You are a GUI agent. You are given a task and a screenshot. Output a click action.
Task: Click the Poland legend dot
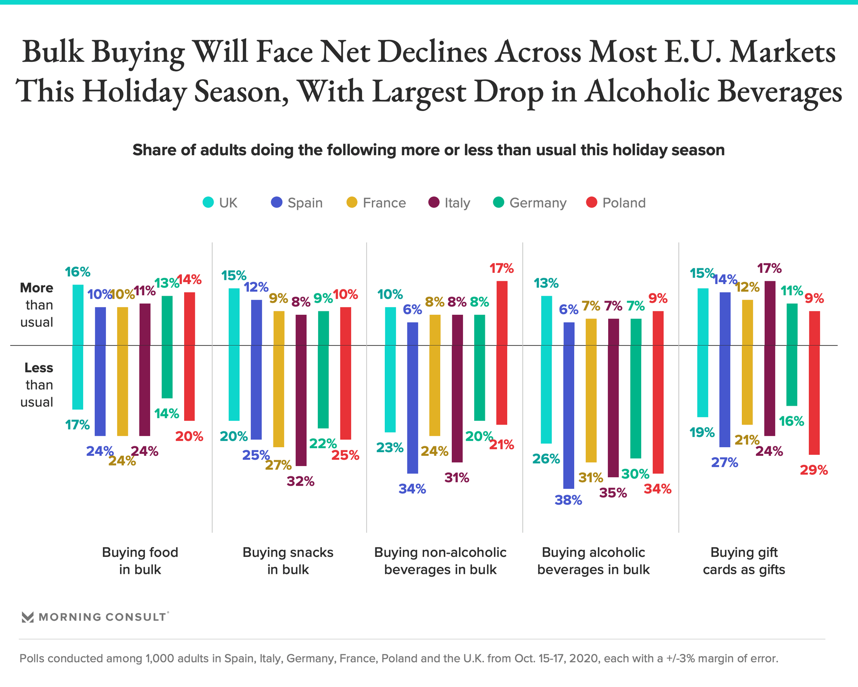click(592, 203)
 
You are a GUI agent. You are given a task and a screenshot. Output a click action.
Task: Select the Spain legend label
click(305, 203)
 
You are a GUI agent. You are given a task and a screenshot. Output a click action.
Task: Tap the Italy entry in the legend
click(457, 203)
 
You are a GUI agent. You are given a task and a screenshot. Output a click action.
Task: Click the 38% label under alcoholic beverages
click(568, 500)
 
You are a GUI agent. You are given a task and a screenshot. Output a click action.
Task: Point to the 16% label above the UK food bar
click(77, 272)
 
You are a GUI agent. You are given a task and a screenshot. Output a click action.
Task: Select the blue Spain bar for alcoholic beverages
click(569, 405)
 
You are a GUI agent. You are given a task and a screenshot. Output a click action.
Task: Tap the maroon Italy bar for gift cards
click(770, 358)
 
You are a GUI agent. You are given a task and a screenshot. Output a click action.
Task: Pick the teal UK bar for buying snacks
click(234, 354)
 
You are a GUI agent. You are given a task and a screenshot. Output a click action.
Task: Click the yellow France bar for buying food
click(122, 371)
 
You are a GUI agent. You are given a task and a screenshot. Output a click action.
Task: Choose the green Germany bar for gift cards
click(792, 354)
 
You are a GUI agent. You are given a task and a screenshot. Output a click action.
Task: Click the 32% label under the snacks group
click(300, 482)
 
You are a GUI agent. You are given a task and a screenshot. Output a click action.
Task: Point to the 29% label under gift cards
click(814, 470)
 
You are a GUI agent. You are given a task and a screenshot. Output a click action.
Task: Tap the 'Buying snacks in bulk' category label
click(288, 561)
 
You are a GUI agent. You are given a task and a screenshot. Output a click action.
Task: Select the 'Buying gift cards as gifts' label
click(744, 561)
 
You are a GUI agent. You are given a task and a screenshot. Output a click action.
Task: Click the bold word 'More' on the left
click(37, 288)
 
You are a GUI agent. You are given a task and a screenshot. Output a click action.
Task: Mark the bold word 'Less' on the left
click(38, 368)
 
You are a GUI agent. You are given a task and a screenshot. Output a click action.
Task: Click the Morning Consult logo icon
click(28, 617)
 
